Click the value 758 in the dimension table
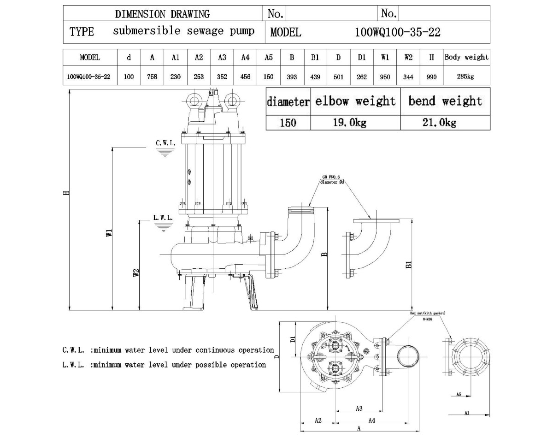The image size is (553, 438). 152,77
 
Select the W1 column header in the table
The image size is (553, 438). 385,57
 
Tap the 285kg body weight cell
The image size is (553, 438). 465,77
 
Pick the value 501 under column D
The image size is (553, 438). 338,77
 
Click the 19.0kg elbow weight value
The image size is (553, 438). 350,123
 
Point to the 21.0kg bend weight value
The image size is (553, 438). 440,123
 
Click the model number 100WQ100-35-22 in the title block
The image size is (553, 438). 398,32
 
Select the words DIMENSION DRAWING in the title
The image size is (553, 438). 162,14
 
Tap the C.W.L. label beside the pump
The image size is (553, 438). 165,143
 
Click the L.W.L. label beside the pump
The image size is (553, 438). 163,218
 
